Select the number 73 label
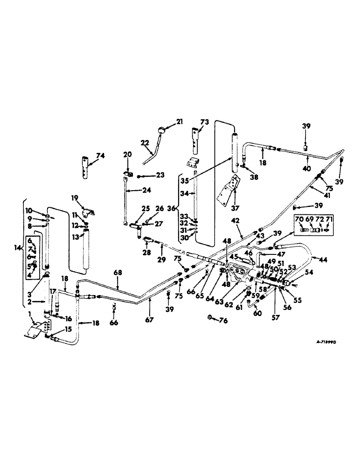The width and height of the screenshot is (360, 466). (x=205, y=122)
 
